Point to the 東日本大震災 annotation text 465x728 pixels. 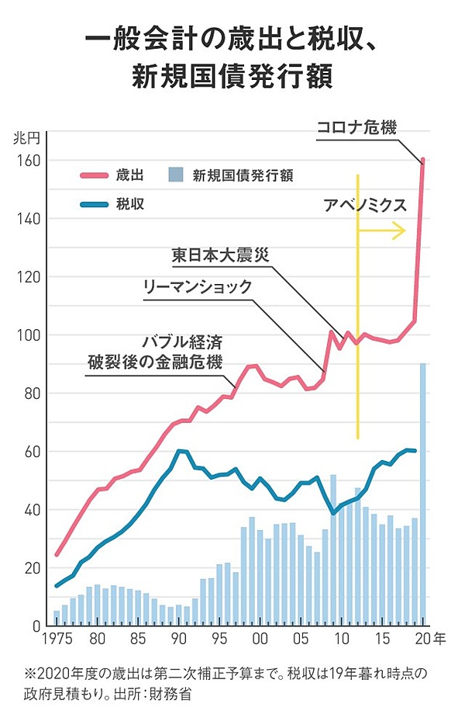pyautogui.click(x=223, y=255)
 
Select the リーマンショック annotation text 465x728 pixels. pyautogui.click(x=198, y=286)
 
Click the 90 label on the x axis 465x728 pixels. pyautogui.click(x=178, y=640)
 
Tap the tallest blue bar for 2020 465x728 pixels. pyautogui.click(x=422, y=497)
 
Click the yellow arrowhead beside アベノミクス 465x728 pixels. pyautogui.click(x=400, y=230)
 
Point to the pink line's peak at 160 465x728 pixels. pyautogui.click(x=423, y=161)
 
